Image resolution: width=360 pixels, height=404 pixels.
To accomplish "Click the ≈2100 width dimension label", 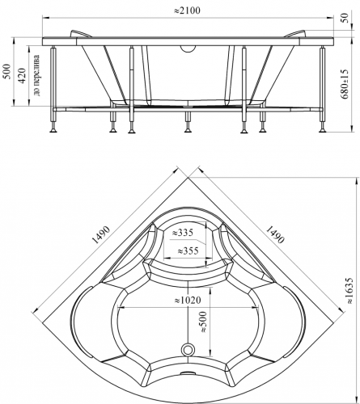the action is [x=187, y=11].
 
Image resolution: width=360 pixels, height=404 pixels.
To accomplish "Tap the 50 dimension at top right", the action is [x=346, y=18].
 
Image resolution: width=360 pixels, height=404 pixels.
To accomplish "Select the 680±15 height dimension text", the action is [x=345, y=84].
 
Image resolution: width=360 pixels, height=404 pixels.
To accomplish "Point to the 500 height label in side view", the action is [x=7, y=71].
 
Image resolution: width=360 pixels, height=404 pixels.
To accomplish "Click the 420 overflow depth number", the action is [x=22, y=75].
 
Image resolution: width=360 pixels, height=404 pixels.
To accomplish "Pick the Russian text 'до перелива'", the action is [x=36, y=76].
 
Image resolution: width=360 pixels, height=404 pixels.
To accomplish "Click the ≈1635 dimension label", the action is [x=349, y=290].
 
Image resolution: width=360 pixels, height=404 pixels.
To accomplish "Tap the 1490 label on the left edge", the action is [x=101, y=234].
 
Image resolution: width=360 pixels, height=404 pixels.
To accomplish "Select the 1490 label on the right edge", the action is [x=275, y=234].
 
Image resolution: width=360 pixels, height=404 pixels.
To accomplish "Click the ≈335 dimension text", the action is [x=183, y=232].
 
